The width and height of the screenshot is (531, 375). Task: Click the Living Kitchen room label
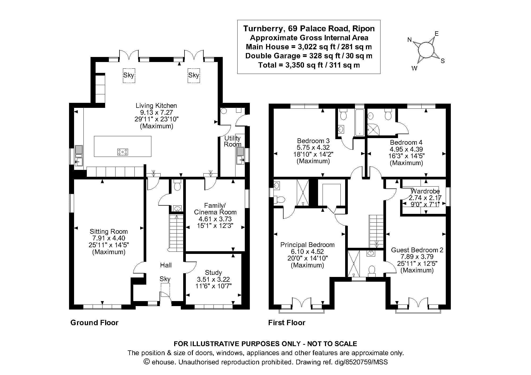coord(156,105)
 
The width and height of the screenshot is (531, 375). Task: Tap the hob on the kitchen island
coord(123,152)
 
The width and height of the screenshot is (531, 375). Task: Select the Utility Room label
coord(233,141)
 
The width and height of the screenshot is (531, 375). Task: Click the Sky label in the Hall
coord(165,279)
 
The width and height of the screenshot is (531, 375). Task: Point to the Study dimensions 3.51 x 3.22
coord(213,279)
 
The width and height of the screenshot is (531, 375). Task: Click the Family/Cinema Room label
coord(215,209)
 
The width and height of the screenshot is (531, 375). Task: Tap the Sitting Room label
coord(109,231)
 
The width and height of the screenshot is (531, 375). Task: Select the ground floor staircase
coord(177,233)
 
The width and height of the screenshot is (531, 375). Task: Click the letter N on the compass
coord(409,40)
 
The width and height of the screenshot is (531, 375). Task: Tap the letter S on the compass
coord(443,61)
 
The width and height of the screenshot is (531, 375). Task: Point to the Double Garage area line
coord(309,56)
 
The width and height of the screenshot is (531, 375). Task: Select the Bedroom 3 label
coord(313,141)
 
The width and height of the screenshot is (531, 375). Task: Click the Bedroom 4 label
coord(406,142)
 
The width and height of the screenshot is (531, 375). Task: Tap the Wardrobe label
coord(425,191)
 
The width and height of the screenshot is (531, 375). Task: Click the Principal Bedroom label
coord(307,245)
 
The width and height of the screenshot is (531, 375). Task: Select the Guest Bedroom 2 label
coord(417,250)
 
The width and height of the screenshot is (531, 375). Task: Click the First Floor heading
coord(287,323)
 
